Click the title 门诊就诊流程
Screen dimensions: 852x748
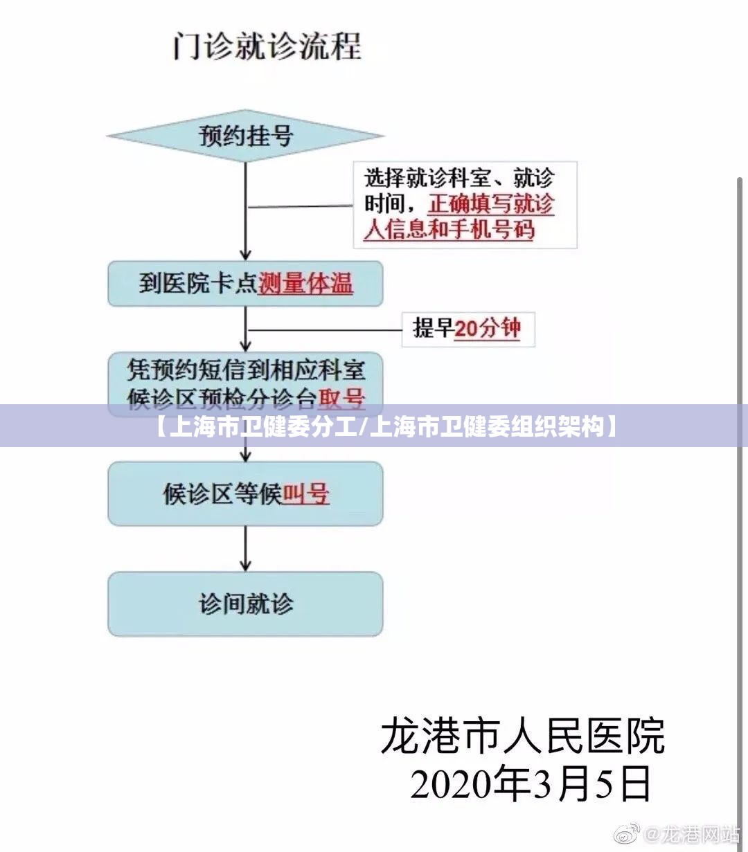(x=267, y=47)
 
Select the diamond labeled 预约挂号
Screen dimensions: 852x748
(x=245, y=136)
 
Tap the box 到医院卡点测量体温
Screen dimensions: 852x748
(x=245, y=283)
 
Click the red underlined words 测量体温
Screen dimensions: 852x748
(x=305, y=284)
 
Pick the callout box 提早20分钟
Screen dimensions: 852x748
(x=467, y=328)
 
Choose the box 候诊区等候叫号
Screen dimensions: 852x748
(x=245, y=493)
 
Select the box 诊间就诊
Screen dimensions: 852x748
(x=245, y=604)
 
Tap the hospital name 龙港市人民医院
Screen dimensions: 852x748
(x=523, y=736)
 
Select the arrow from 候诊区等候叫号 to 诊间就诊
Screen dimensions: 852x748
(x=245, y=548)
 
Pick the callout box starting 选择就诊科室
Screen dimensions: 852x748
(x=465, y=205)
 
